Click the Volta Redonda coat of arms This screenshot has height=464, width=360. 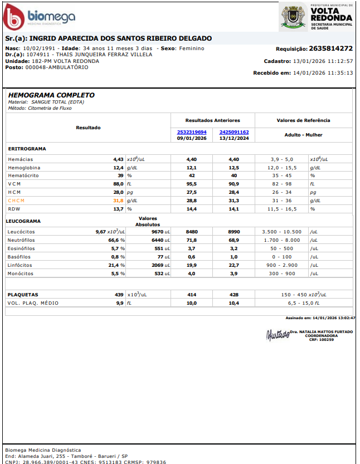pyautogui.click(x=292, y=17)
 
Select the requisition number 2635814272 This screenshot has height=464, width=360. pyautogui.click(x=330, y=48)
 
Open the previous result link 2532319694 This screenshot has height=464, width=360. pyautogui.click(x=192, y=132)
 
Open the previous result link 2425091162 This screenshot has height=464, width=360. pyautogui.click(x=234, y=132)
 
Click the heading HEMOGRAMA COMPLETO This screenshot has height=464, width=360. pyautogui.click(x=51, y=95)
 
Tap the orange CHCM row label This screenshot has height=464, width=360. pyautogui.click(x=16, y=201)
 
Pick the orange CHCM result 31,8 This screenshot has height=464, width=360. pyautogui.click(x=118, y=201)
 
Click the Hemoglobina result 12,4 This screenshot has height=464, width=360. pyautogui.click(x=118, y=167)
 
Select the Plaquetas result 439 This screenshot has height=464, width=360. pyautogui.click(x=119, y=294)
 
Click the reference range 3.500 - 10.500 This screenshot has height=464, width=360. pyautogui.click(x=281, y=231)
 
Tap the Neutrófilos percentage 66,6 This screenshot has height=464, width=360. pyautogui.click(x=115, y=240)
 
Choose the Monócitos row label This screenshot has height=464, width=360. pyautogui.click(x=21, y=273)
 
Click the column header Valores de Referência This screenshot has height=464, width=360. pyautogui.click(x=303, y=120)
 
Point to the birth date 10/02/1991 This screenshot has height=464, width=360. pyautogui.click(x=40, y=48)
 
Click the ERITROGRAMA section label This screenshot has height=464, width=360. pyautogui.click(x=27, y=149)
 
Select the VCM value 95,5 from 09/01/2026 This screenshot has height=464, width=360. pyautogui.click(x=192, y=184)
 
